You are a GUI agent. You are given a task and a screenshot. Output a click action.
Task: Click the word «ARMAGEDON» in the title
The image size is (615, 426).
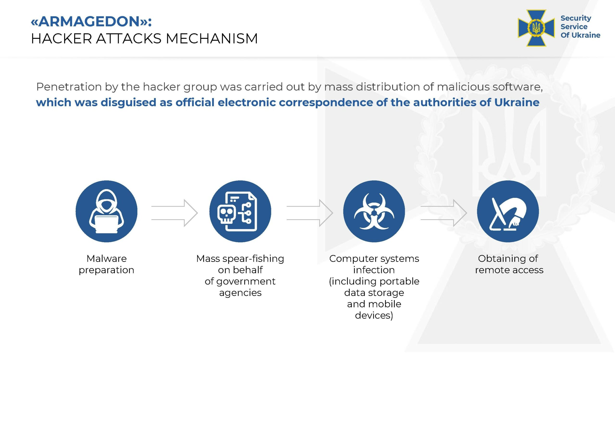pos(89,21)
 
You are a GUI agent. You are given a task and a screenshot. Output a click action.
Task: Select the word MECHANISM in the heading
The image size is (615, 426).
pos(212,38)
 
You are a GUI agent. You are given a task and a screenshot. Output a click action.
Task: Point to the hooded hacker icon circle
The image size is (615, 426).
pos(106,211)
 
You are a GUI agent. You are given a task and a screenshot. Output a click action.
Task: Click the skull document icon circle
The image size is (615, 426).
pos(240,211)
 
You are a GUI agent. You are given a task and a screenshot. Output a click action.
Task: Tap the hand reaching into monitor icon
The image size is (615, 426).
pos(508,211)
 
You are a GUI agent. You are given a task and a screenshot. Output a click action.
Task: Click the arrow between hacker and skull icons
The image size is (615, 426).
pos(175,213)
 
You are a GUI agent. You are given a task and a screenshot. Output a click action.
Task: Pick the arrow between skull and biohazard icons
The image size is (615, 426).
pos(310,213)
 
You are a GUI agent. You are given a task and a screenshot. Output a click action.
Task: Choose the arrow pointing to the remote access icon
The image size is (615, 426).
pos(444,213)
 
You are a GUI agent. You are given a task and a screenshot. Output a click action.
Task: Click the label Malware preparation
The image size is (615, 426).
pos(106,264)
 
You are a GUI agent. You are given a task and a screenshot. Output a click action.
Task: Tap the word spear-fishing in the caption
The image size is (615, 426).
pos(253,259)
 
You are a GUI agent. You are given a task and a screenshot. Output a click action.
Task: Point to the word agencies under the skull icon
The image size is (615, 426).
pos(240,293)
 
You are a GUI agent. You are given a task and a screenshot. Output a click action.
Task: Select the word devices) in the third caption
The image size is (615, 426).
pos(374,315)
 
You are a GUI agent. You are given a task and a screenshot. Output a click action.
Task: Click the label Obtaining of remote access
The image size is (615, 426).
pos(509,264)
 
